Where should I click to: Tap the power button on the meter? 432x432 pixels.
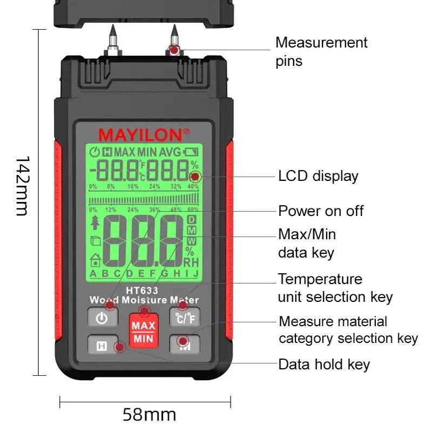[x=102, y=318]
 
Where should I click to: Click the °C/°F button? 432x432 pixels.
[x=185, y=318]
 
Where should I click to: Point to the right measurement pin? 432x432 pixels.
[x=173, y=38]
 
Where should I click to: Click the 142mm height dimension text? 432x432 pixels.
[x=22, y=186]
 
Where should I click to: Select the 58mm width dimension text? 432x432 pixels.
[x=149, y=415]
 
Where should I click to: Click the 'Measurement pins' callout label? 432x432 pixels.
[x=321, y=51]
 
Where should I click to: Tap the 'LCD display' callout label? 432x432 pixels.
[x=318, y=176]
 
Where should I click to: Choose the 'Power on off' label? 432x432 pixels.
[x=321, y=211]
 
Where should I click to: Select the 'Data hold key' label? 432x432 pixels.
[x=324, y=364]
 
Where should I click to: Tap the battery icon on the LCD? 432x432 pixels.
[x=191, y=152]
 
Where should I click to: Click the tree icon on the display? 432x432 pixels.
[x=96, y=222]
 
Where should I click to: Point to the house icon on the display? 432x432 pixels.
[x=95, y=260]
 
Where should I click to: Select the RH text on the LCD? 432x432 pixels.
[x=191, y=262]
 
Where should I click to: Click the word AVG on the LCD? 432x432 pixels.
[x=170, y=152]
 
